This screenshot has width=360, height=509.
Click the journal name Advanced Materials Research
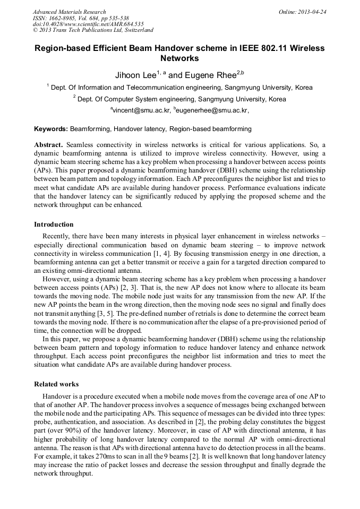70,12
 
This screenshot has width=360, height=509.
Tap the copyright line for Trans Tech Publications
93,30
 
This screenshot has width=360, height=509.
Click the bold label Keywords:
51,129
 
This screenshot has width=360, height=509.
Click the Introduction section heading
54,225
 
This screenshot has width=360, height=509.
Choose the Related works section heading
56,384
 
